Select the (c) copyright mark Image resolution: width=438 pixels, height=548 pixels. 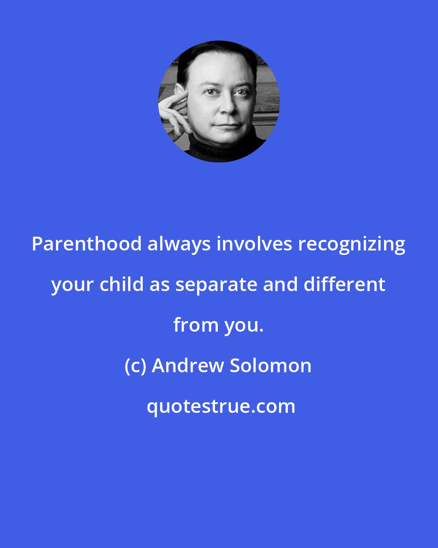point(135,366)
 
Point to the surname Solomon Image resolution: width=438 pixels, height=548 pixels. point(271,366)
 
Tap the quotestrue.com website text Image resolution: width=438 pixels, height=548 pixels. point(221,406)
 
